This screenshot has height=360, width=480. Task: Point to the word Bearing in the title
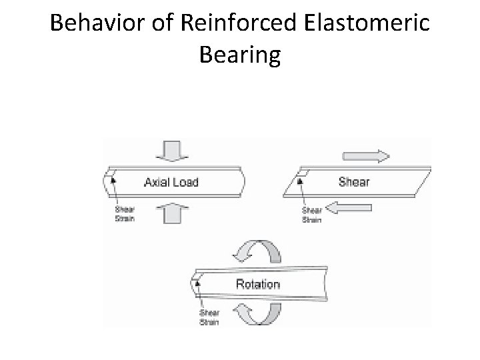click(x=240, y=56)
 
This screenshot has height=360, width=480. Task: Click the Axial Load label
click(x=171, y=182)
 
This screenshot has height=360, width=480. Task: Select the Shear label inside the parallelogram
click(x=354, y=181)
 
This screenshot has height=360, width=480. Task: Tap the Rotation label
click(x=258, y=284)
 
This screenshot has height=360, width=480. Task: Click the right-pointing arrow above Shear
click(x=366, y=157)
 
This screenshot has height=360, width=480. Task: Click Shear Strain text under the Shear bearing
click(x=313, y=215)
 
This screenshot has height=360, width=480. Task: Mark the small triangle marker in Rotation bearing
click(x=197, y=282)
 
